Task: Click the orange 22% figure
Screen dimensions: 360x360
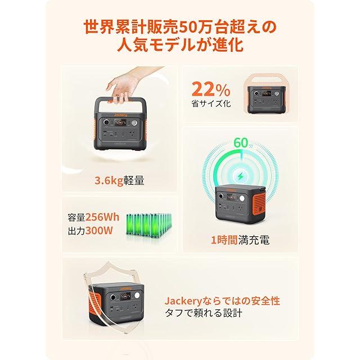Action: tap(211, 89)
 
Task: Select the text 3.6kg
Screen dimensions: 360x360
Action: tap(109, 181)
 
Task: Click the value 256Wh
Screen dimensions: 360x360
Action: tap(102, 217)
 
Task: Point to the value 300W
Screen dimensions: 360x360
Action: tap(99, 231)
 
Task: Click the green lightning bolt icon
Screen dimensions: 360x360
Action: tap(240, 177)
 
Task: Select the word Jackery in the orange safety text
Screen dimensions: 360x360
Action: tap(183, 301)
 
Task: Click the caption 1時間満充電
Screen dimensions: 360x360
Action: tap(240, 240)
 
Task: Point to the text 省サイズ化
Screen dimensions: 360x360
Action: tap(211, 103)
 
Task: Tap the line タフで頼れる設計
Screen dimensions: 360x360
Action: tap(204, 313)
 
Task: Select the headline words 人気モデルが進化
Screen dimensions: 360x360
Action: tap(180, 45)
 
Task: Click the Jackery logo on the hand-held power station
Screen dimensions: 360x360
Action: tap(120, 115)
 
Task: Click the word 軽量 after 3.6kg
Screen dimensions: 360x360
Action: tap(134, 181)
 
